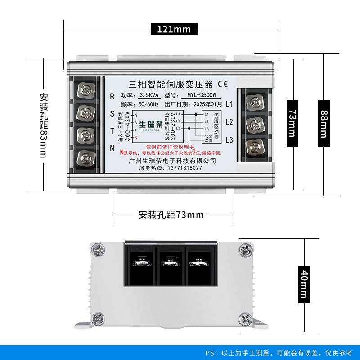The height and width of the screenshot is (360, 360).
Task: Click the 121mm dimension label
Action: [174, 30]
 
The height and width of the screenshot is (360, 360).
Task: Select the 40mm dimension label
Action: [304, 283]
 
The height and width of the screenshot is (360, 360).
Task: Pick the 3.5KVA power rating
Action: [149, 95]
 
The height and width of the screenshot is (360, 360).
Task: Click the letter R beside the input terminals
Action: [112, 95]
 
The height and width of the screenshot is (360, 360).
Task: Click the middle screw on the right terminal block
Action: [254, 124]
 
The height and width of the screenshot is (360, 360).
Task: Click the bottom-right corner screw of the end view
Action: [246, 319]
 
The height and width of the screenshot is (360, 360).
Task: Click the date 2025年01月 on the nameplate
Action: [207, 104]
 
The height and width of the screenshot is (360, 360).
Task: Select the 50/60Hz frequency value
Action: [149, 104]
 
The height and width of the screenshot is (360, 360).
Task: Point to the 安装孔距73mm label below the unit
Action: [171, 215]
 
